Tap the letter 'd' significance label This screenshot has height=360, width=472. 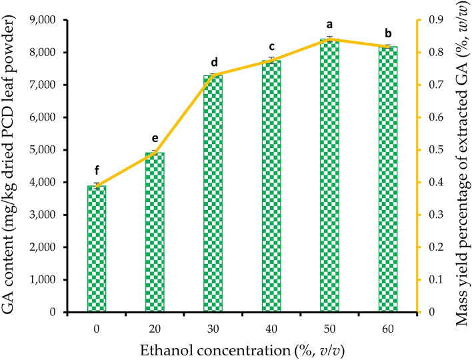pos(213,61)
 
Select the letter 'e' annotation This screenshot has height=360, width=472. pos(155,139)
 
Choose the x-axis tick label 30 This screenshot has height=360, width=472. pos(213,327)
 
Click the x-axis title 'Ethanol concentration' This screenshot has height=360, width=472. pos(241,348)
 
